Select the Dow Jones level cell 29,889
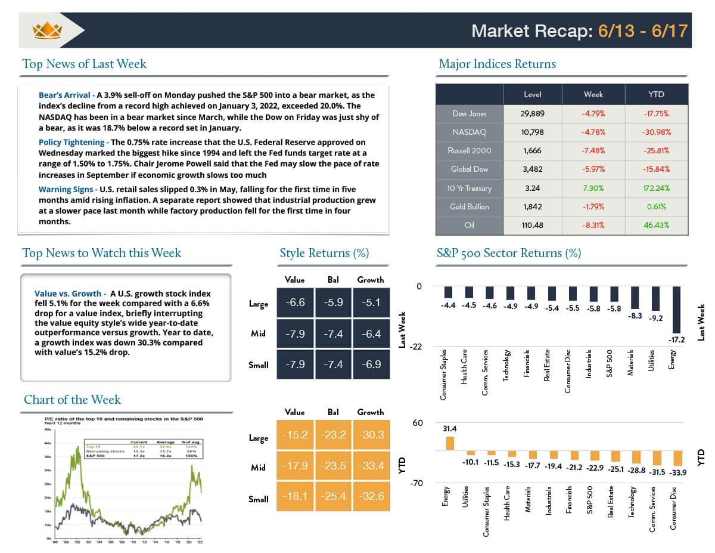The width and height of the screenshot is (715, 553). click(x=532, y=113)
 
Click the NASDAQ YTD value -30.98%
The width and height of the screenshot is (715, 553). click(x=656, y=132)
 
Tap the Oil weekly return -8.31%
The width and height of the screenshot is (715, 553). click(x=593, y=225)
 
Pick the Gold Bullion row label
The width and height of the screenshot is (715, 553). click(x=470, y=206)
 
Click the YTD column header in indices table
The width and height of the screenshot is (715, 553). click(x=656, y=94)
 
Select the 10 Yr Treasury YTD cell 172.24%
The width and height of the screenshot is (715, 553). click(x=656, y=188)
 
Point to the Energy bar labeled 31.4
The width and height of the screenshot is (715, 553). click(x=450, y=443)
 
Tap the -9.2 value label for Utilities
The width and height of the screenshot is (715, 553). click(x=656, y=319)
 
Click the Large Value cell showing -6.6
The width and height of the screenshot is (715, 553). click(x=295, y=303)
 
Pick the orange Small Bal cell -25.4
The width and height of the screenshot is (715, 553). click(x=333, y=496)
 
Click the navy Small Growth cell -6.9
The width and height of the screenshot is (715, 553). click(x=371, y=364)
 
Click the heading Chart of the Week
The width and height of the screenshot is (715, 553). click(x=72, y=400)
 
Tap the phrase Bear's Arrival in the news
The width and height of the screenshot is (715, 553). click(x=65, y=95)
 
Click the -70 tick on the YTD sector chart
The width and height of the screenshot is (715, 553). click(x=416, y=483)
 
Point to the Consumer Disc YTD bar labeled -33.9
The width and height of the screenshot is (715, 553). click(x=677, y=458)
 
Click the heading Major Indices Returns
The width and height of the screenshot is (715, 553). click(x=497, y=64)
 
